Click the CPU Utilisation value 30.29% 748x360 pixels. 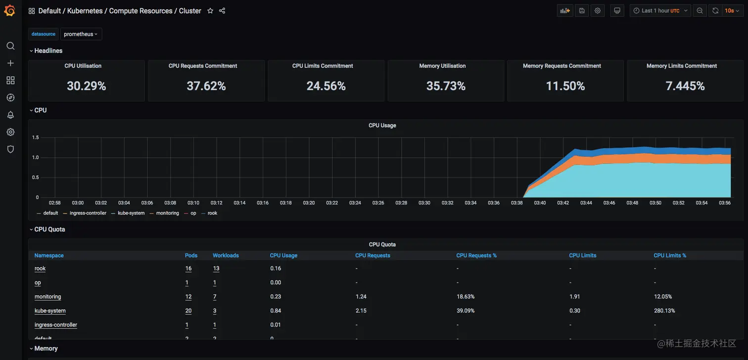[x=87, y=86]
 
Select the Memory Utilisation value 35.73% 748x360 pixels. [x=446, y=86]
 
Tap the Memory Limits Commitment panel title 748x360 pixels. [x=681, y=66]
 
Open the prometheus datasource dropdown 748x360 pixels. [x=81, y=34]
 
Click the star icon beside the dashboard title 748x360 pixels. [x=210, y=11]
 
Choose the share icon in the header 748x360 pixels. [x=222, y=11]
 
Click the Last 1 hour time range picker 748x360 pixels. [x=660, y=11]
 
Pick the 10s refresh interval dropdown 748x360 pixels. [x=731, y=11]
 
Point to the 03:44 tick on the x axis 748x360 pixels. [x=586, y=203]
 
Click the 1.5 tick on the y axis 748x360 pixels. [x=36, y=137]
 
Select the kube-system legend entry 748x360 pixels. [x=131, y=213]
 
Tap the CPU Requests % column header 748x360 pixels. [x=476, y=256]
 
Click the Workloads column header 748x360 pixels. [x=226, y=256]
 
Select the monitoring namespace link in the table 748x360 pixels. [x=48, y=297]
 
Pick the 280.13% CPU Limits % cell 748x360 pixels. [x=664, y=311]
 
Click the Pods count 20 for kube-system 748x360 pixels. [x=188, y=311]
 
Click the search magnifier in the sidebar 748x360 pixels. [x=10, y=46]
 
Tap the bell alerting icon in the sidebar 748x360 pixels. [x=10, y=115]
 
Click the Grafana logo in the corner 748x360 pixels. [x=10, y=10]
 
